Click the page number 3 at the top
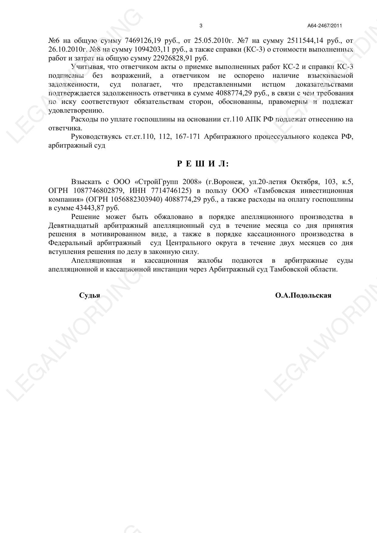coord(201,26)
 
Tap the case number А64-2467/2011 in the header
coord(324,26)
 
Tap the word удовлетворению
coord(76,111)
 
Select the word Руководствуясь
coord(96,137)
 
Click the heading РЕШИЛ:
coord(203,164)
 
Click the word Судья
coord(90,296)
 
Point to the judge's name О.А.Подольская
coord(303,296)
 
